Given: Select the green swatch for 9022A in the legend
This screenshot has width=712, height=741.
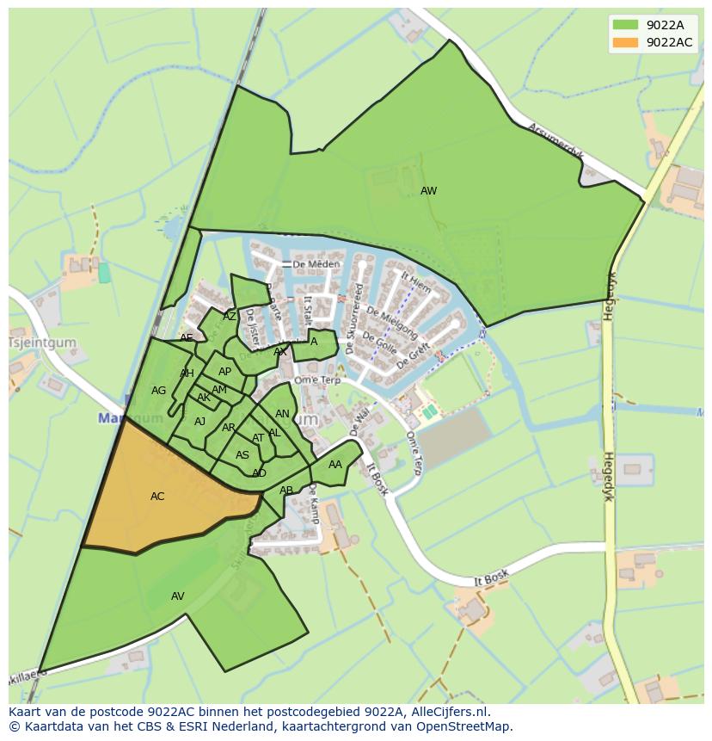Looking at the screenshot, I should click(625, 25).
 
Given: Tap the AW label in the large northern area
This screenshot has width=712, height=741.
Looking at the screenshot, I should click(428, 191).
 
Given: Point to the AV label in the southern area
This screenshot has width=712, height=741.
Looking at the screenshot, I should click(178, 596).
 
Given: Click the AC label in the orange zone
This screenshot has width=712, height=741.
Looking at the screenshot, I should click(157, 497).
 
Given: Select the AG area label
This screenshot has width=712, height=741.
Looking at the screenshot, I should click(158, 391).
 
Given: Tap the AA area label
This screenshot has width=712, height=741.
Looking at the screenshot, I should click(335, 465).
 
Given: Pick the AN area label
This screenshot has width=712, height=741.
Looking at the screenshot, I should click(282, 414).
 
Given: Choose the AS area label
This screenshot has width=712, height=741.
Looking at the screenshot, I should click(242, 455).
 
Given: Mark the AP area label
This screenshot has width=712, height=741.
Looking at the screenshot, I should click(224, 372).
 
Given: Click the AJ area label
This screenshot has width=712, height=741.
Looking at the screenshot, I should click(199, 422).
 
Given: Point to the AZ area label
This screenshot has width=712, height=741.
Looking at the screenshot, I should click(230, 317).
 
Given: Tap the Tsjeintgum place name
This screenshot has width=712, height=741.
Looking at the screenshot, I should click(41, 343).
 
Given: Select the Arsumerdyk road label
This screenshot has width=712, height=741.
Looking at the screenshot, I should click(555, 139).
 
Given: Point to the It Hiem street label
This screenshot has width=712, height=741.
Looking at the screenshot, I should click(416, 283).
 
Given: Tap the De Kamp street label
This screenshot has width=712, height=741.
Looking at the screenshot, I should click(313, 503).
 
